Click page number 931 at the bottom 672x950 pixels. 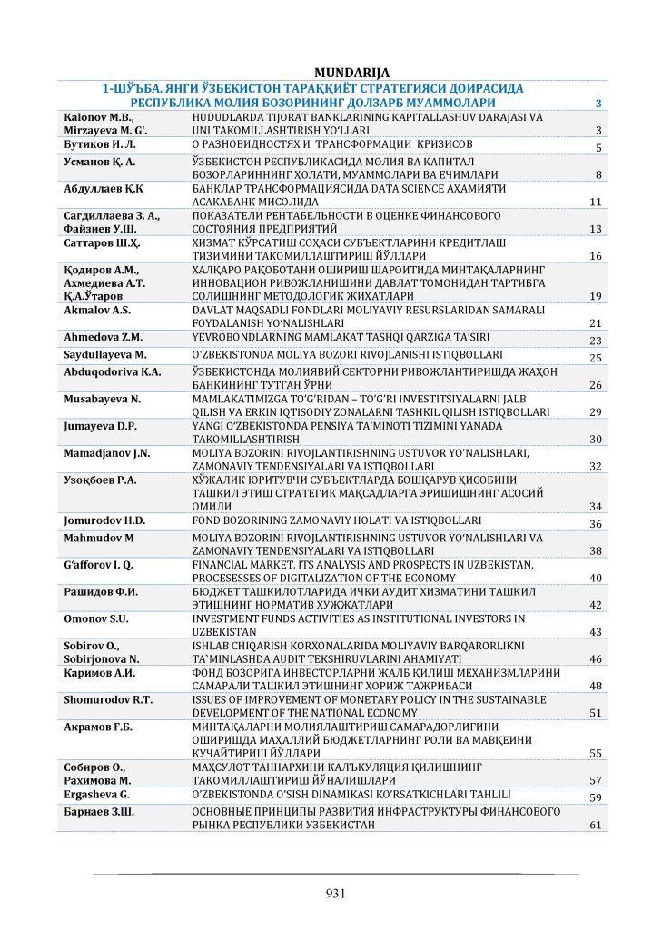(336, 893)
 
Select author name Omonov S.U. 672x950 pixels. (94, 618)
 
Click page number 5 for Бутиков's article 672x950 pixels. (598, 147)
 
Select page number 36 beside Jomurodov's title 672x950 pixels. (596, 524)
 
